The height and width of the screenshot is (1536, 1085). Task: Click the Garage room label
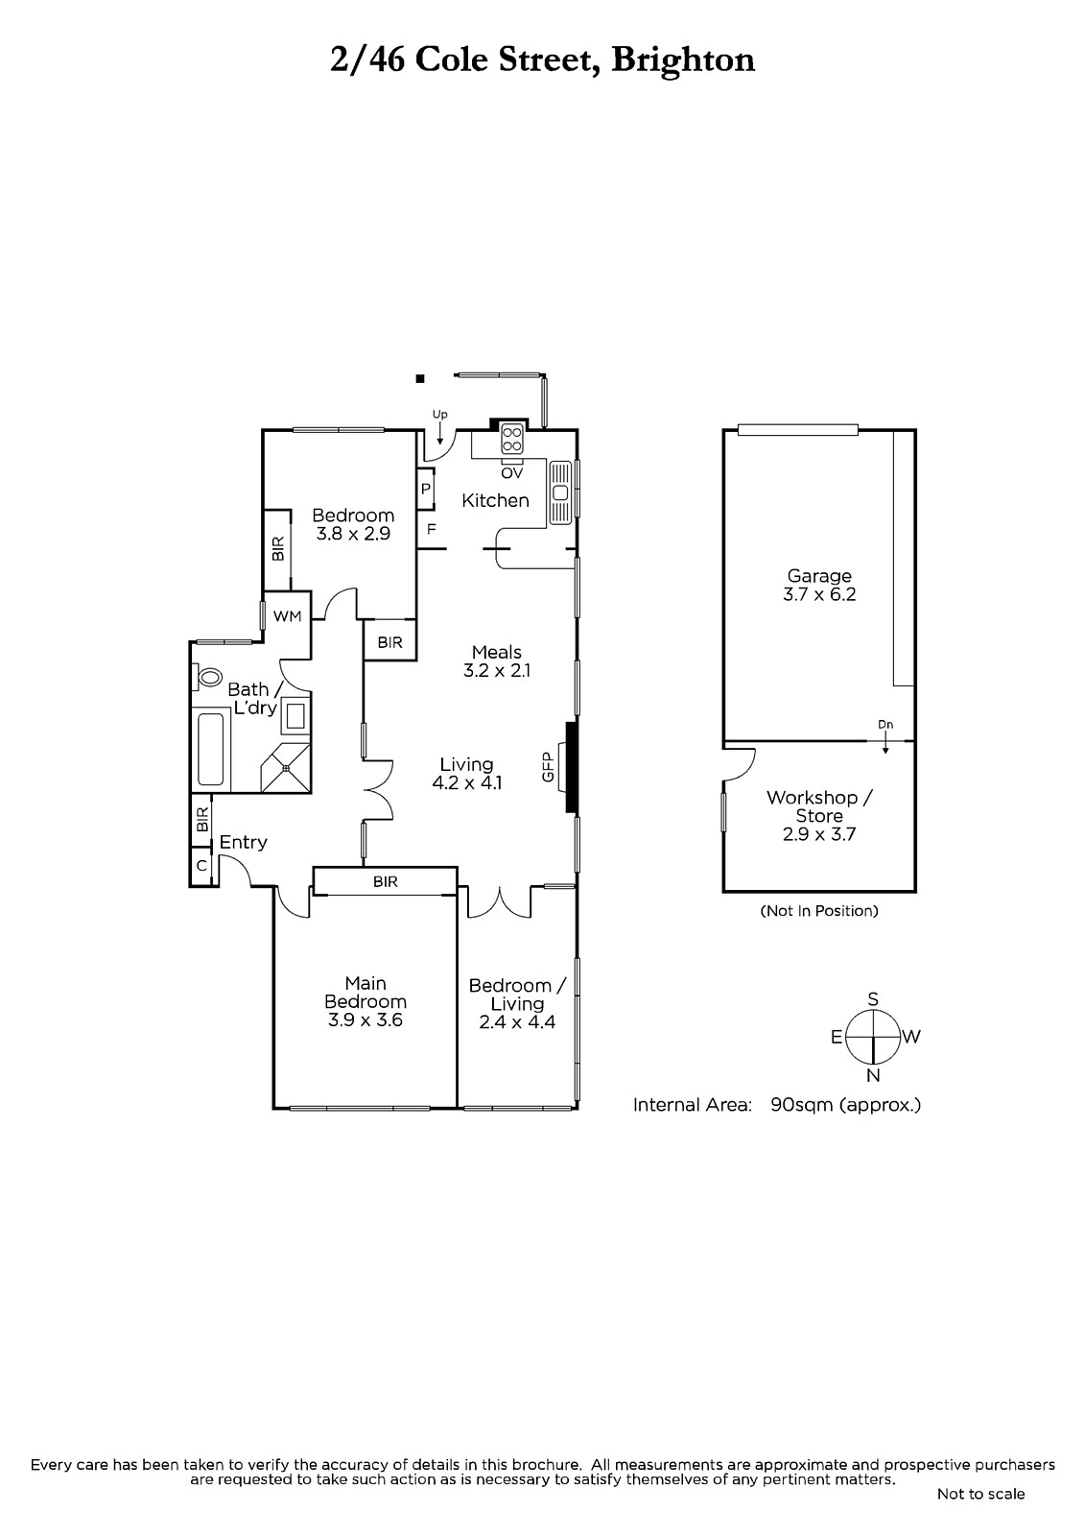[819, 576]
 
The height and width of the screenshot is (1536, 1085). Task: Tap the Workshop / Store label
[819, 806]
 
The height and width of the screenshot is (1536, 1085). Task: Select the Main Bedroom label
[366, 993]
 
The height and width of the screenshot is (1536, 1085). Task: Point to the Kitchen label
[495, 500]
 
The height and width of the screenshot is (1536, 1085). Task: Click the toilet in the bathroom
[207, 678]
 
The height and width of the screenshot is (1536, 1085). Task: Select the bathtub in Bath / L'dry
[210, 750]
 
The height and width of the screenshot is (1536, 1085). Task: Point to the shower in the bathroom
[286, 767]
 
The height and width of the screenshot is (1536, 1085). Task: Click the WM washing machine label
[287, 616]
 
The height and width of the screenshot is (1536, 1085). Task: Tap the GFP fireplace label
[547, 767]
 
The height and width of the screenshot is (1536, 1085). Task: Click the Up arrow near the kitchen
[439, 433]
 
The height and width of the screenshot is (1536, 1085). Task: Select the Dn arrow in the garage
[885, 743]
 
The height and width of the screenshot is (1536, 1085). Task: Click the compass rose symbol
[873, 1038]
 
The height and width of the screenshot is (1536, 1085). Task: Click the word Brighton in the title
[683, 60]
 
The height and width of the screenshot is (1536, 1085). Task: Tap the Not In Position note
[819, 911]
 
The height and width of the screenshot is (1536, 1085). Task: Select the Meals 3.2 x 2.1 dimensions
[497, 671]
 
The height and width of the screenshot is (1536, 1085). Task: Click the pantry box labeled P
[426, 490]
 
